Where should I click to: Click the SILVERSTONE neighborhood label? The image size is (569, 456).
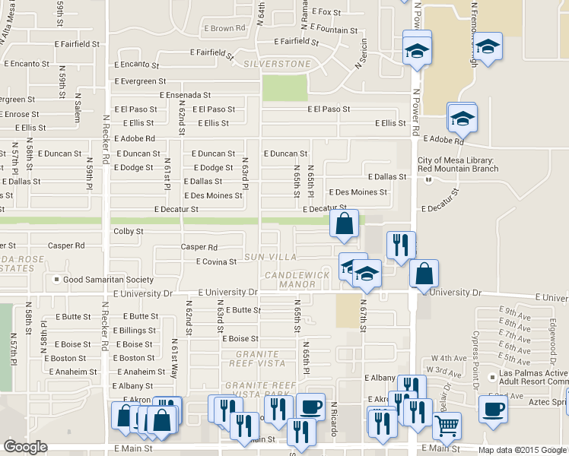coord(278,64)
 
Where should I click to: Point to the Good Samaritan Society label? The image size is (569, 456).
coord(108,280)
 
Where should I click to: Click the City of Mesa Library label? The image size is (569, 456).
coord(458,164)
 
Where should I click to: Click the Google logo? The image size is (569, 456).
coord(25,447)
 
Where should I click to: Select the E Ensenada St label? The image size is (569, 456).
coord(185,95)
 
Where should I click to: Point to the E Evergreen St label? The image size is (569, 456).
coord(141,81)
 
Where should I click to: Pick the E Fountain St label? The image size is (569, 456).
coord(335,30)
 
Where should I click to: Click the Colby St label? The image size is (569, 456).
coord(128,231)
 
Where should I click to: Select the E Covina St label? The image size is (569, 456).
coord(217,261)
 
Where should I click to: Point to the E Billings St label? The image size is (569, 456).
coord(135,331)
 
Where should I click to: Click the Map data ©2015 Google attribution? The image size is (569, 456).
coord(522,450)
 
